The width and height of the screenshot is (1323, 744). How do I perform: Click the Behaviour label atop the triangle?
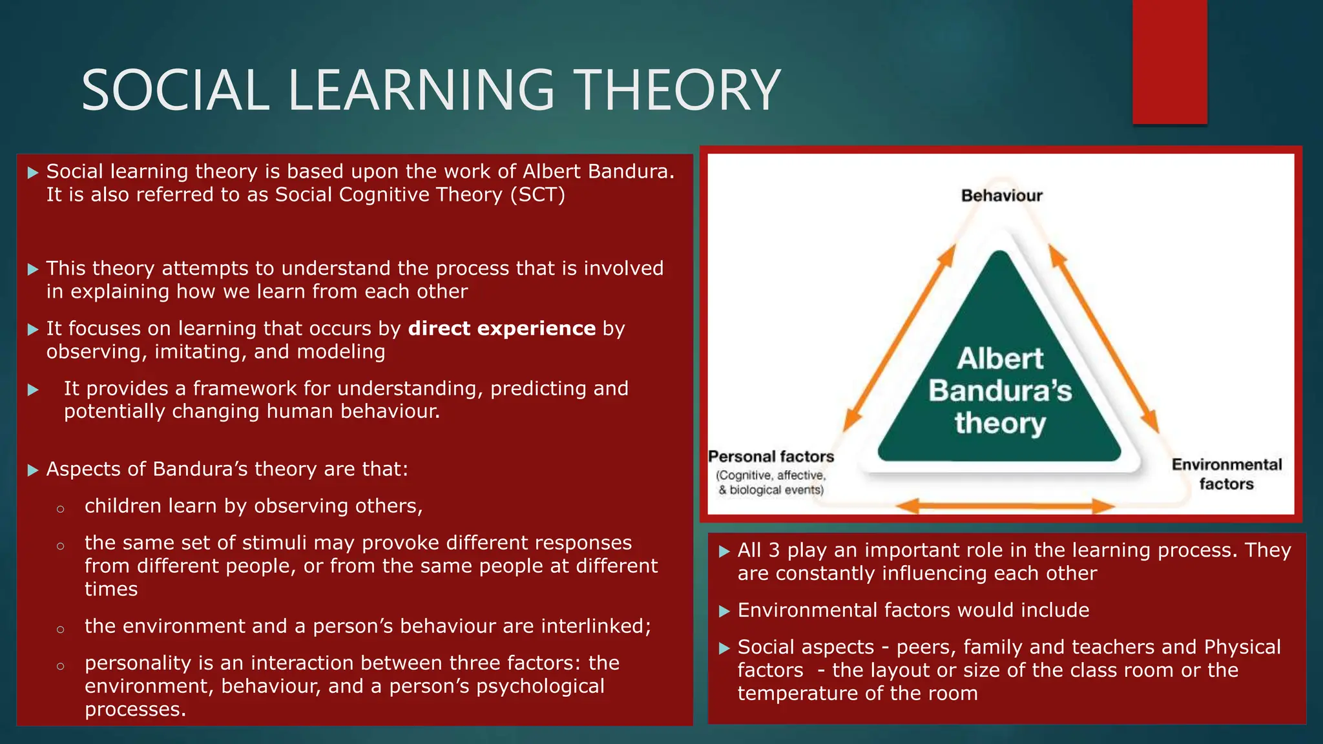pyautogui.click(x=1001, y=196)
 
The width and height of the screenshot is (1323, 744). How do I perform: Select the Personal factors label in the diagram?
pyautogui.click(x=771, y=457)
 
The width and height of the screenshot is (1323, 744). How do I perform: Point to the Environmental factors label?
pyautogui.click(x=1226, y=474)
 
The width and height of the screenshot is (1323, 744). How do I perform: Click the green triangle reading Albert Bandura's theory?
pyautogui.click(x=999, y=387)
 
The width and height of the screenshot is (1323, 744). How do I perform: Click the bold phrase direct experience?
pyautogui.click(x=501, y=329)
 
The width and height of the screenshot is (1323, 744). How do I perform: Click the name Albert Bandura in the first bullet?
pyautogui.click(x=598, y=171)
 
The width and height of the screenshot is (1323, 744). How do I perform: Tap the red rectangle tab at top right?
pyautogui.click(x=1169, y=61)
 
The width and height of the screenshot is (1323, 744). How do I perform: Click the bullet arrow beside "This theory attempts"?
pyautogui.click(x=33, y=269)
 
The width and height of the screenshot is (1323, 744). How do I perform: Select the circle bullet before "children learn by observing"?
pyautogui.click(x=60, y=509)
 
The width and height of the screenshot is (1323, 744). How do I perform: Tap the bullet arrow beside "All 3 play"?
pyautogui.click(x=724, y=551)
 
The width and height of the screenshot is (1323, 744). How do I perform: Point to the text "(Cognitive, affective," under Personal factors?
pyautogui.click(x=770, y=475)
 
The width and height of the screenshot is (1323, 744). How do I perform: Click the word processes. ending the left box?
pyautogui.click(x=135, y=709)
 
